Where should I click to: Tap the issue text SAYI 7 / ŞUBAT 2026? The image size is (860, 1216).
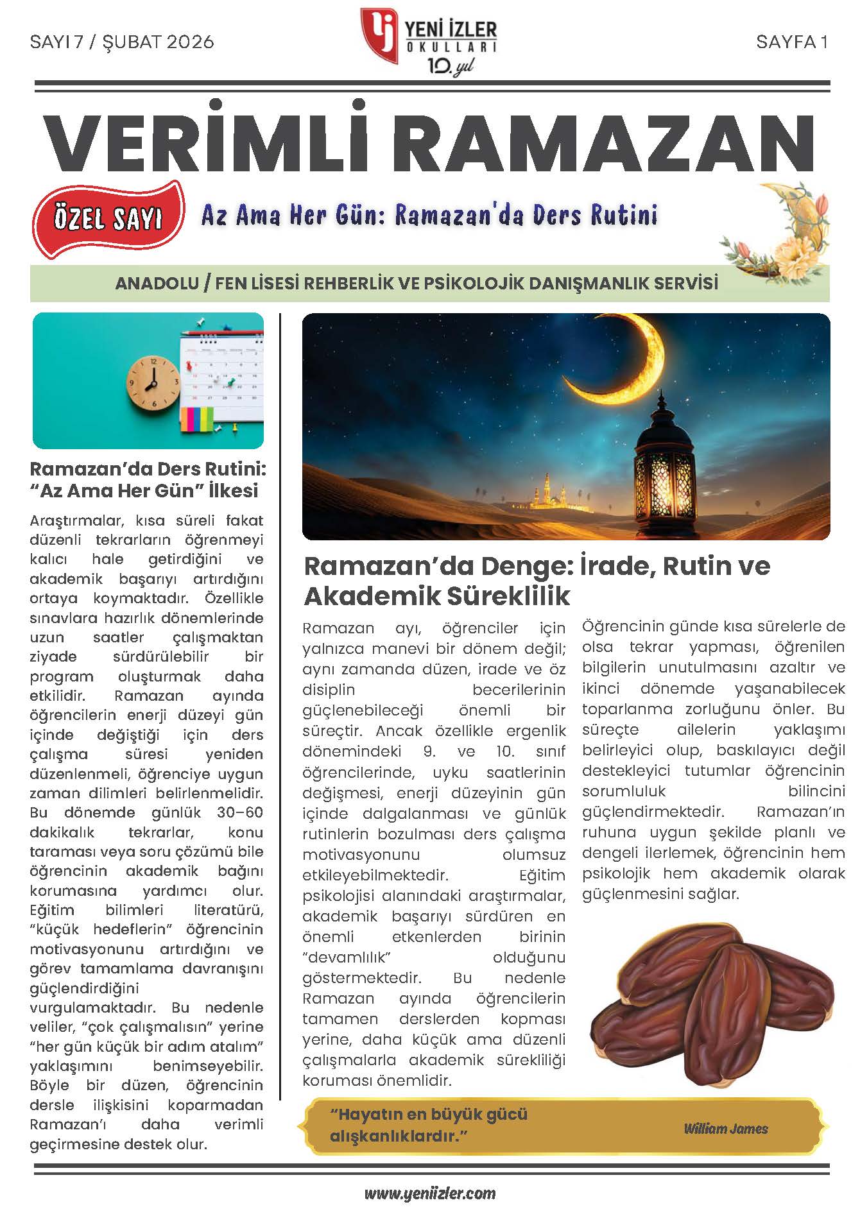tap(122, 42)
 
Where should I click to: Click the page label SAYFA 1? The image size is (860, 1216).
tap(792, 42)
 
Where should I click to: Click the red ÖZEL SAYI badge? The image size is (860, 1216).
tap(108, 219)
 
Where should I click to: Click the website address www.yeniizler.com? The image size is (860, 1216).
tap(430, 1194)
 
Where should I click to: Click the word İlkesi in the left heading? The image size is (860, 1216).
tap(228, 491)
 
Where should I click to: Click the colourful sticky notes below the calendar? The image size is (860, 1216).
tap(197, 419)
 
